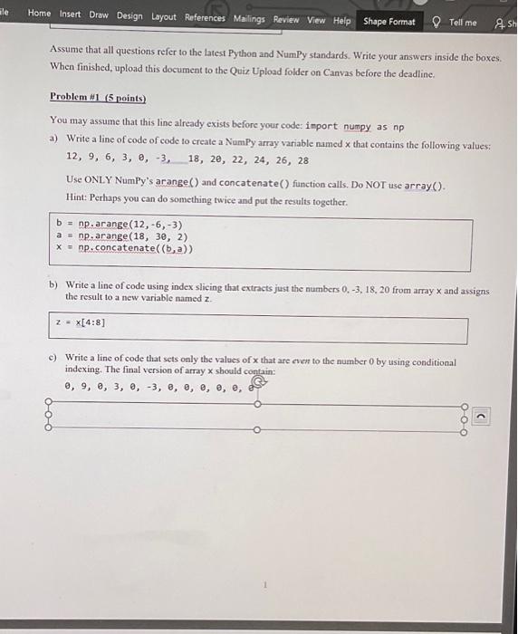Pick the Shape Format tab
[389, 21]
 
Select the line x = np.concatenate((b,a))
[124, 247]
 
